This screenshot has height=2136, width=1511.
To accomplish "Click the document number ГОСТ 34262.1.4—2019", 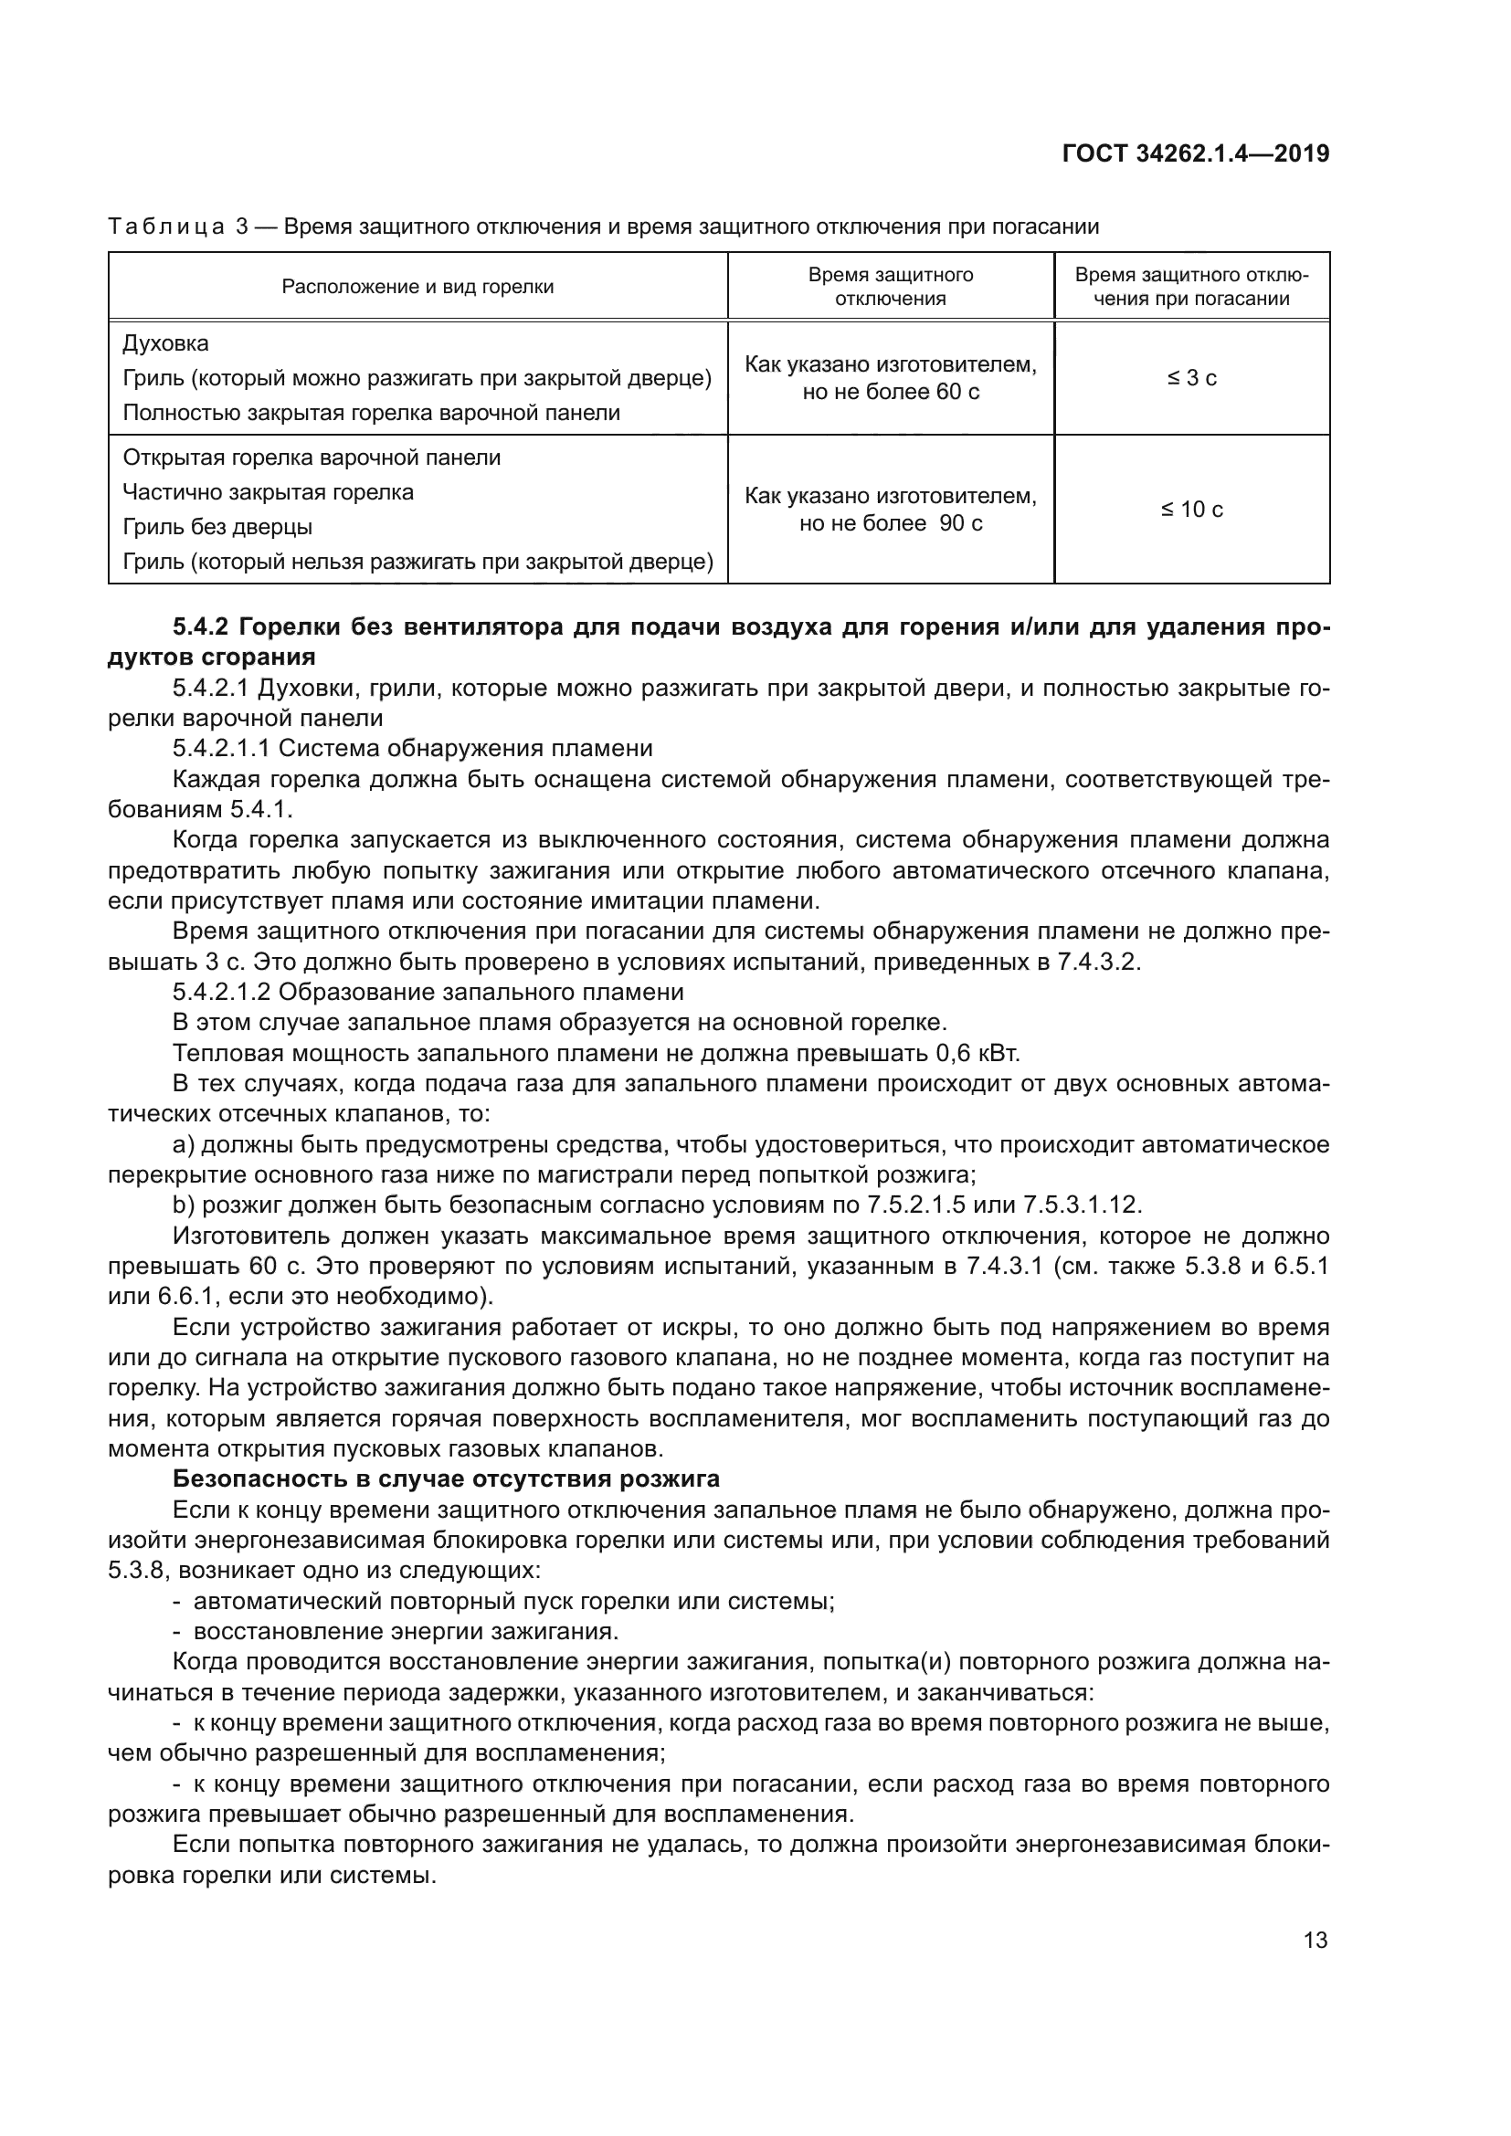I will pyautogui.click(x=1195, y=153).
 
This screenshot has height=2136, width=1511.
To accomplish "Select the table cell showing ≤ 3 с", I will pyautogui.click(x=1192, y=378).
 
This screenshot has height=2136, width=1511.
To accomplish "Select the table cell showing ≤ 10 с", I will pyautogui.click(x=1192, y=509).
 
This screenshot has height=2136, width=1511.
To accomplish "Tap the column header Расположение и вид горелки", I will pyautogui.click(x=417, y=287).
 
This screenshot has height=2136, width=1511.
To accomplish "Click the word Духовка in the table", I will pyautogui.click(x=165, y=343).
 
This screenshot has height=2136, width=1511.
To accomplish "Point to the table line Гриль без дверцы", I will pyautogui.click(x=217, y=527).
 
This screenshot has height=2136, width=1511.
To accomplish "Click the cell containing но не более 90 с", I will pyautogui.click(x=891, y=523).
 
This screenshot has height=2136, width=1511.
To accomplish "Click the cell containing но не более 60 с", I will pyautogui.click(x=891, y=392).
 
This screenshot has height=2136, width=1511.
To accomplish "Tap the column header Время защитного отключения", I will pyautogui.click(x=891, y=287).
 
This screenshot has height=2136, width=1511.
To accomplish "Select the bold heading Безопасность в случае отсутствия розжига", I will pyautogui.click(x=447, y=1479).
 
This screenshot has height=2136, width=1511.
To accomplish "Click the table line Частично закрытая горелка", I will pyautogui.click(x=268, y=492).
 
